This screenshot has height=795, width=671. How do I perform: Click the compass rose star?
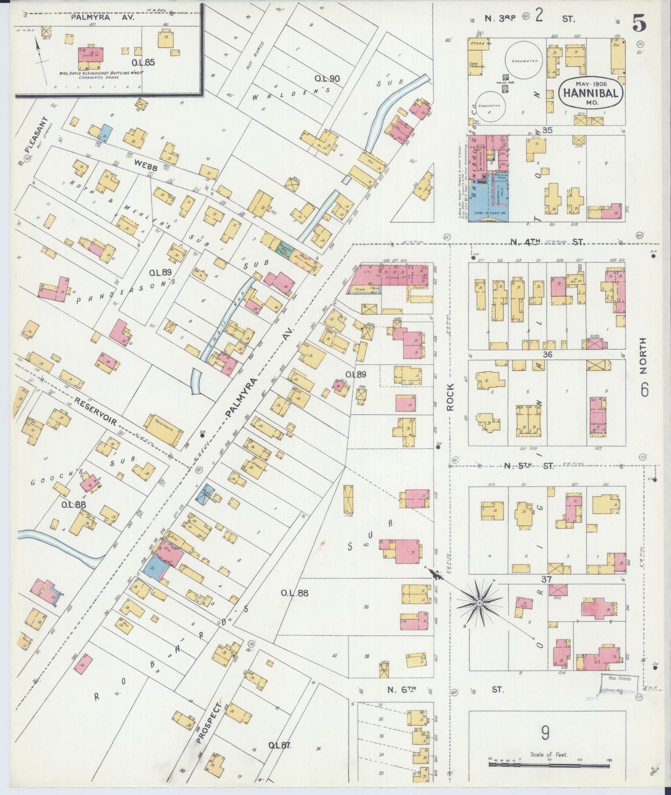coord(479,602)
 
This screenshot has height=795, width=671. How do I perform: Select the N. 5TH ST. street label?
coord(529,466)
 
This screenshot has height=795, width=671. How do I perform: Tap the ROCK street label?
coord(451,396)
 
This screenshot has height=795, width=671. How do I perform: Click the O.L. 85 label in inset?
coord(143,63)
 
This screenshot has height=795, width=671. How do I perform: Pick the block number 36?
coord(547,354)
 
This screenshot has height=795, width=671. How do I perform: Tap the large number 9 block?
coord(545,733)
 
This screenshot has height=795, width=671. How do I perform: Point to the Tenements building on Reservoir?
coord(163,431)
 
